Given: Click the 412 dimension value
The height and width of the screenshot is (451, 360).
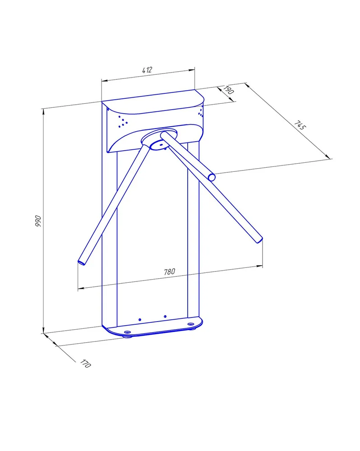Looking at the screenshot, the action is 147,70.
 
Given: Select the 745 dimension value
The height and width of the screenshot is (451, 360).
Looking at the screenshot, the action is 300,125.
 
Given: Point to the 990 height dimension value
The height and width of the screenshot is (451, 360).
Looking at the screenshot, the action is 38,221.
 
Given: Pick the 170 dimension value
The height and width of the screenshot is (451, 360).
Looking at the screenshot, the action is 85,364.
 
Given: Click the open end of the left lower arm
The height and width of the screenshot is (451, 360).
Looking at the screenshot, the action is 82,262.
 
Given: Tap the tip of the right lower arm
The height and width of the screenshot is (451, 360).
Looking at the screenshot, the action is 259,240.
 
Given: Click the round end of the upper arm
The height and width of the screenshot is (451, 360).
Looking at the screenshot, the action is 212,177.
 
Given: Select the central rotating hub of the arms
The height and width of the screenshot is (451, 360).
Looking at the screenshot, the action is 159,140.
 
